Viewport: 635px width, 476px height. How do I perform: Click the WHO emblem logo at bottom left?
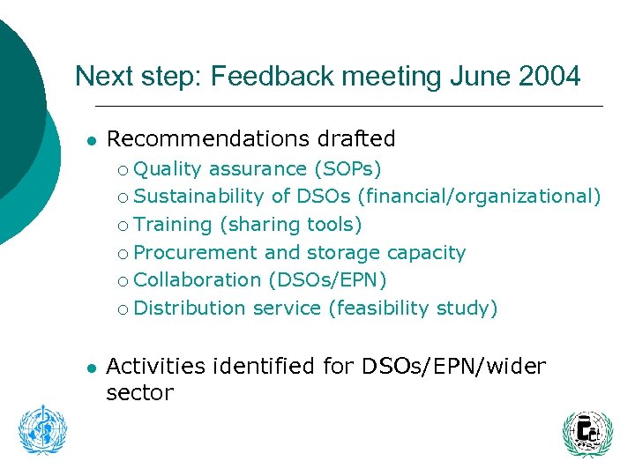[x=42, y=430]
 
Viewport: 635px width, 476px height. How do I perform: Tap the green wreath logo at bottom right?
[x=586, y=434]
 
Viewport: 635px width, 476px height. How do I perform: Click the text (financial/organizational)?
[x=480, y=196]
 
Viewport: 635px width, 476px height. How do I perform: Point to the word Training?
[x=173, y=224]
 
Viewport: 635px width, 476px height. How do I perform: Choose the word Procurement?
[x=196, y=252]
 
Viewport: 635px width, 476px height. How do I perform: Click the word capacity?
[x=427, y=252]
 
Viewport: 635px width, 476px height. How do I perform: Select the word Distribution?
[x=190, y=308]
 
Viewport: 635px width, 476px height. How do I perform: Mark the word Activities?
[x=155, y=365]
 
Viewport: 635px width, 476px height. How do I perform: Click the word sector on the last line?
[x=139, y=392]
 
